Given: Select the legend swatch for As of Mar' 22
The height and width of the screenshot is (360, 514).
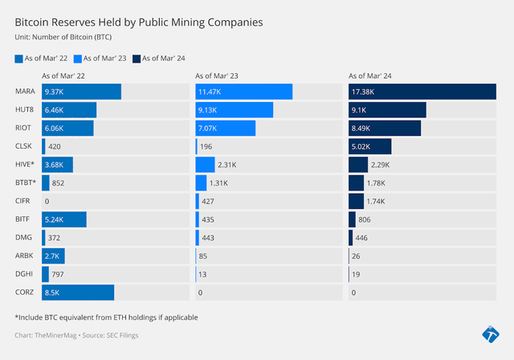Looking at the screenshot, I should [x=19, y=58].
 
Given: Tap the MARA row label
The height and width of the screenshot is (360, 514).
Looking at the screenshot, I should [x=25, y=92].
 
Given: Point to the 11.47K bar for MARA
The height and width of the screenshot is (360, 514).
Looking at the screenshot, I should [x=243, y=92].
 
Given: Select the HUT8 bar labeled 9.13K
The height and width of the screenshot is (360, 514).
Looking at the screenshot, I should [x=234, y=110].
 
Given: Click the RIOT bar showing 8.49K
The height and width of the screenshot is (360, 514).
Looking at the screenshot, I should [x=384, y=128].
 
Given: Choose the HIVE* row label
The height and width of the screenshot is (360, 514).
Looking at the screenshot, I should [x=26, y=165].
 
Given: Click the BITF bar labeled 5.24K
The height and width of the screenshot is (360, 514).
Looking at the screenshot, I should [x=63, y=219].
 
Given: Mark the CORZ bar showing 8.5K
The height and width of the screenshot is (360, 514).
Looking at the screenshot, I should [x=77, y=292].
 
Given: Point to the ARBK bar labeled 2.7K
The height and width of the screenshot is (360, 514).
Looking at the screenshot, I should [x=53, y=256].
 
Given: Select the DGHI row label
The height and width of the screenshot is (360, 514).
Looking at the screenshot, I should [x=24, y=274].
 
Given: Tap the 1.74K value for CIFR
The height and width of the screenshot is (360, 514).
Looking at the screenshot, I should [x=377, y=201].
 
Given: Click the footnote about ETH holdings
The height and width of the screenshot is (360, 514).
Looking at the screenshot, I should [x=106, y=317].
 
